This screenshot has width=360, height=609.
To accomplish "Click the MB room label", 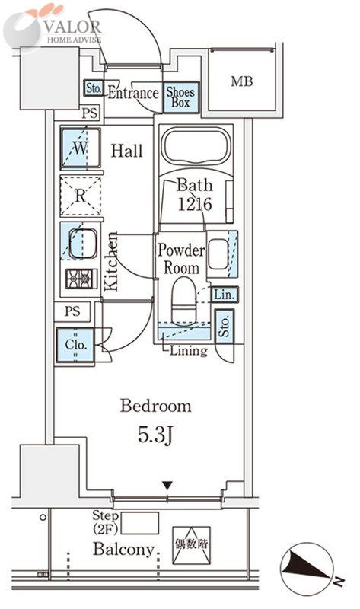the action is point(241,81).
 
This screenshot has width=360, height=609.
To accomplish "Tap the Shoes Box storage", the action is point(180,97).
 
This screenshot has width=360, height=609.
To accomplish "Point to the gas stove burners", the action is point(81,279).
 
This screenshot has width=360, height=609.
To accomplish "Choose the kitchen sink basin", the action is point(83,244).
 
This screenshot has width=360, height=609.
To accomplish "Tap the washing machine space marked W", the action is point(81,148).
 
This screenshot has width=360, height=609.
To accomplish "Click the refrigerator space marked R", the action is point(81,196).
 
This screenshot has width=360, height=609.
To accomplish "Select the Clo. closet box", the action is point(75,346).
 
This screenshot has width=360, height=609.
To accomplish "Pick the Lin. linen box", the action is point(225,295).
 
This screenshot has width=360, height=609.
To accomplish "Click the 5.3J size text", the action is point(155,435).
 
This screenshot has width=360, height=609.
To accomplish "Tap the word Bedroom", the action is point(155,406).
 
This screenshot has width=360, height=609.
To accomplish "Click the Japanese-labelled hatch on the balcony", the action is point(191,545).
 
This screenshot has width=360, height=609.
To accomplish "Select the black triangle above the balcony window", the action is point(167,486).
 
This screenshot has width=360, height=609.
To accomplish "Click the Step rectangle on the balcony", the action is point(140,523).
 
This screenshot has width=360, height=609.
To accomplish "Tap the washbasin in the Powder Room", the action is point(218,254).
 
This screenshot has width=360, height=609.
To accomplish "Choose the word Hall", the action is point(126,151).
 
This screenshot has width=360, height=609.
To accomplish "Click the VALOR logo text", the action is point(72,27).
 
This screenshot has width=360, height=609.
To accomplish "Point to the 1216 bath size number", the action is point(195,204).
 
